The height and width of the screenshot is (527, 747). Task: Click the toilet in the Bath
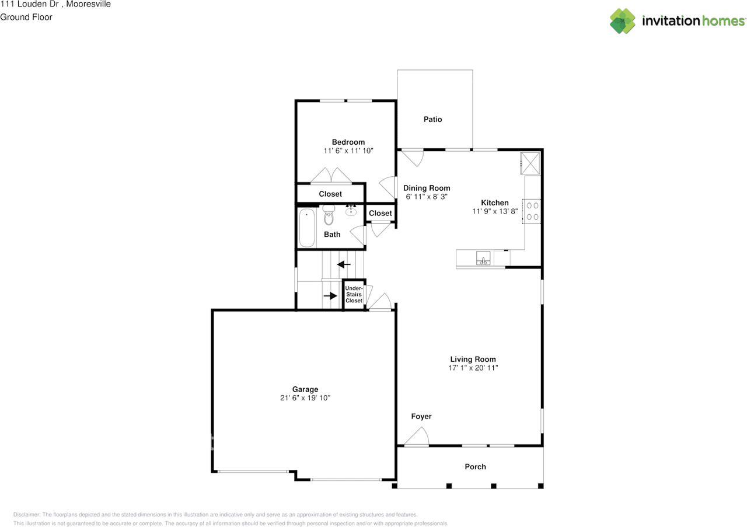[x=329, y=215]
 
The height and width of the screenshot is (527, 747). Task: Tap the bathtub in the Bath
[x=307, y=228]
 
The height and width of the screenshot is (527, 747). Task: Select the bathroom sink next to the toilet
[x=351, y=211]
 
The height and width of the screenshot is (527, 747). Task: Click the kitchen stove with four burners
[x=532, y=211]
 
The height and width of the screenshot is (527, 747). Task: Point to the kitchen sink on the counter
[x=483, y=258]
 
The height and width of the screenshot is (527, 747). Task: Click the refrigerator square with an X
[x=530, y=163]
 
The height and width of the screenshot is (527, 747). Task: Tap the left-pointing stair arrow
[x=344, y=264]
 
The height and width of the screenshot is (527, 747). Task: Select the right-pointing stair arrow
[x=330, y=296]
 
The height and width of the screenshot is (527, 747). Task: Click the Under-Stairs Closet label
[x=354, y=294]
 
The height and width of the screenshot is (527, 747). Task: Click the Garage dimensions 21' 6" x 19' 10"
[x=305, y=397]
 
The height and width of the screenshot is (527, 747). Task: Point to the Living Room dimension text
[x=473, y=368]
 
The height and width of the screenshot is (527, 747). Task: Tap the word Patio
[x=432, y=119]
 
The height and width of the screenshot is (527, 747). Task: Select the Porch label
[x=475, y=467]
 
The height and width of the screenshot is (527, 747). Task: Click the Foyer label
[x=421, y=416]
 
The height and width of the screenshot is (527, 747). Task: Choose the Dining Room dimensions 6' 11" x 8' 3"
[x=427, y=197]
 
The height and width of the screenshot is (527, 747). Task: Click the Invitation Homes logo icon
[x=622, y=21]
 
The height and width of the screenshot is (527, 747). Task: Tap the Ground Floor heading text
[x=26, y=17]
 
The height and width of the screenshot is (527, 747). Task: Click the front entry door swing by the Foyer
[x=416, y=437]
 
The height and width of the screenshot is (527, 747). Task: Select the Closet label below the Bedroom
[x=330, y=194]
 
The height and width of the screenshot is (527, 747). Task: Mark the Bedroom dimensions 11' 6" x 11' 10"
[x=348, y=151]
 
